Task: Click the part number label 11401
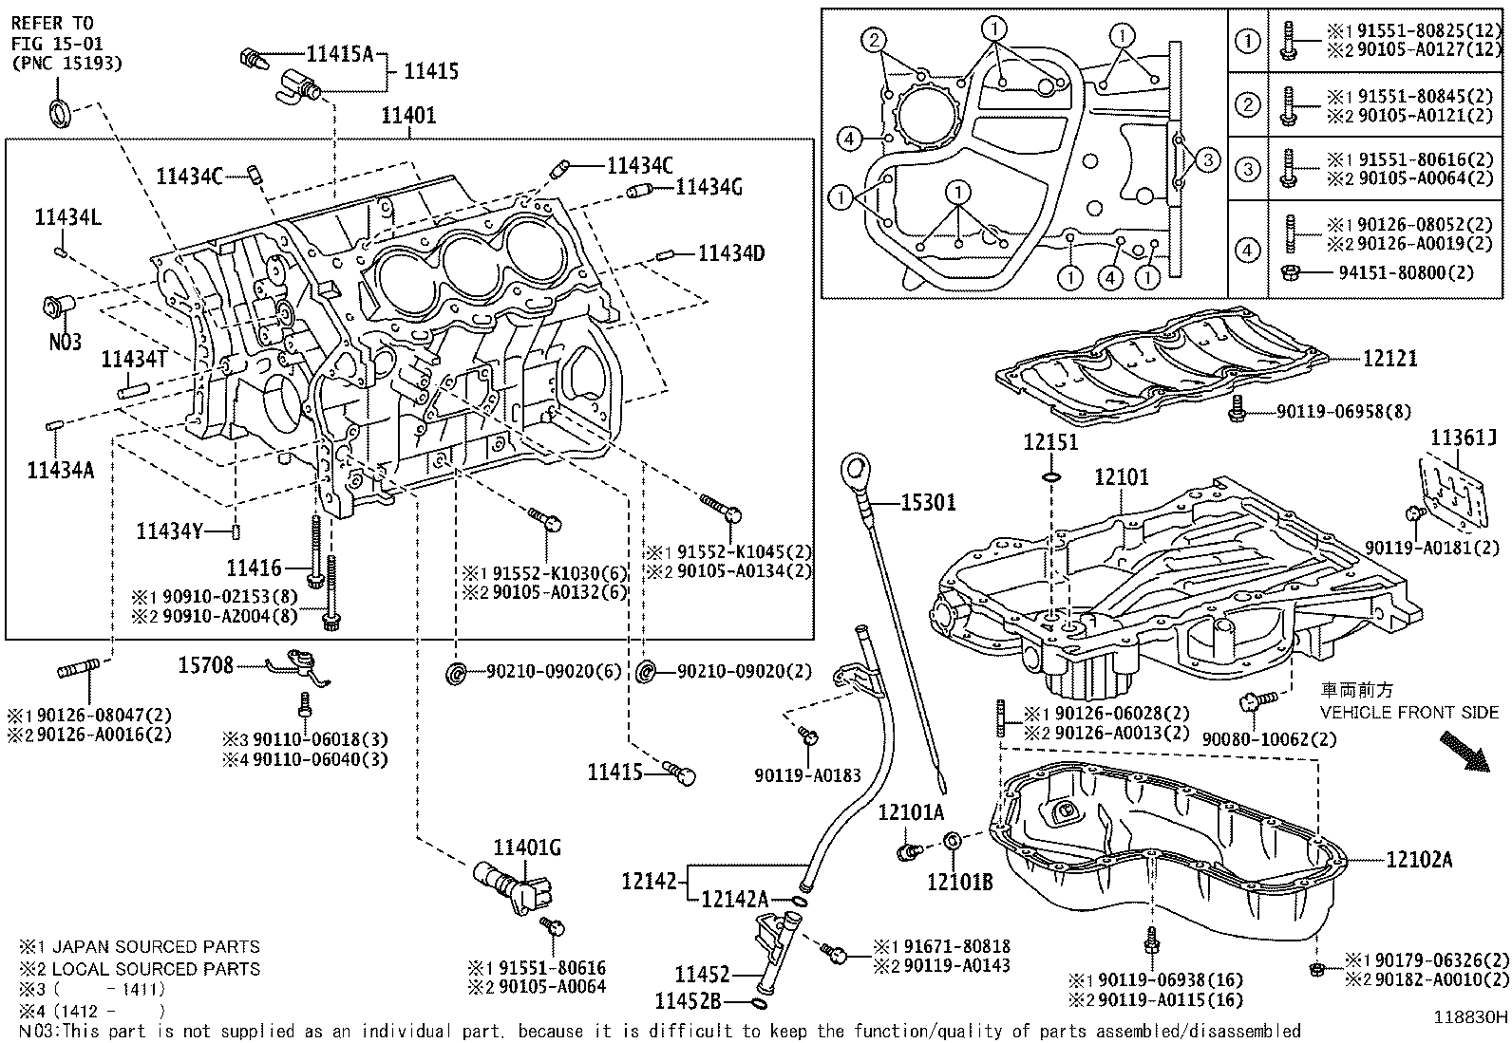tap(408, 116)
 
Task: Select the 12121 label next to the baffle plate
tap(1389, 359)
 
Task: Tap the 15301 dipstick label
tap(928, 503)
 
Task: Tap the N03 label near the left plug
tap(66, 342)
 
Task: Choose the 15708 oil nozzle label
tap(205, 666)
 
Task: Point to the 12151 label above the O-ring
tap(1050, 443)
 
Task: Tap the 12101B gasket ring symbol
tap(953, 842)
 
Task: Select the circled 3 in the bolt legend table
tap(1248, 169)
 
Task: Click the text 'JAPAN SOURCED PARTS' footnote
tap(155, 947)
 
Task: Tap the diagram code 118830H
tap(1470, 1016)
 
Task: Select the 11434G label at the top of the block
tap(709, 187)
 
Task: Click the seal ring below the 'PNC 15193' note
tap(59, 111)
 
